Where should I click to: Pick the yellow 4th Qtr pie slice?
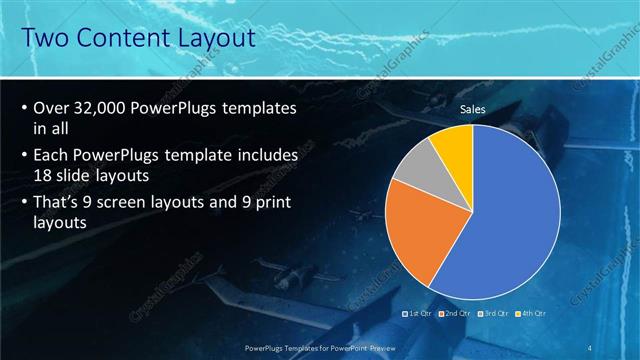pyautogui.click(x=451, y=142)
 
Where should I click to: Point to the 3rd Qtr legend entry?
pyautogui.click(x=493, y=314)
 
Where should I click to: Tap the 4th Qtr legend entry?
pyautogui.click(x=530, y=314)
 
